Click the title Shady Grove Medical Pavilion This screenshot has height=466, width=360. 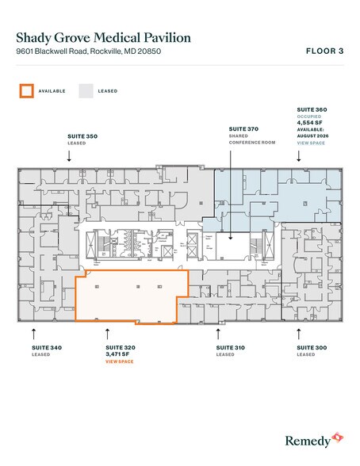103,37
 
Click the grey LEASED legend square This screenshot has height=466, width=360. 86,90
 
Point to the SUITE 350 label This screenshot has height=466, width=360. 82,137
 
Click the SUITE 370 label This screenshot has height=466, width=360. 243,128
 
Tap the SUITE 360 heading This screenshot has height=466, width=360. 311,108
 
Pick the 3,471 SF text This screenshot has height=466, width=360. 119,354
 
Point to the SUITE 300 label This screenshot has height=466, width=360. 311,348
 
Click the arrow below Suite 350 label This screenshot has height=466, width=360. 69,155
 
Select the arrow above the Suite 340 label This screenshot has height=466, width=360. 33,332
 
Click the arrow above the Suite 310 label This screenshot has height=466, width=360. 218,332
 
